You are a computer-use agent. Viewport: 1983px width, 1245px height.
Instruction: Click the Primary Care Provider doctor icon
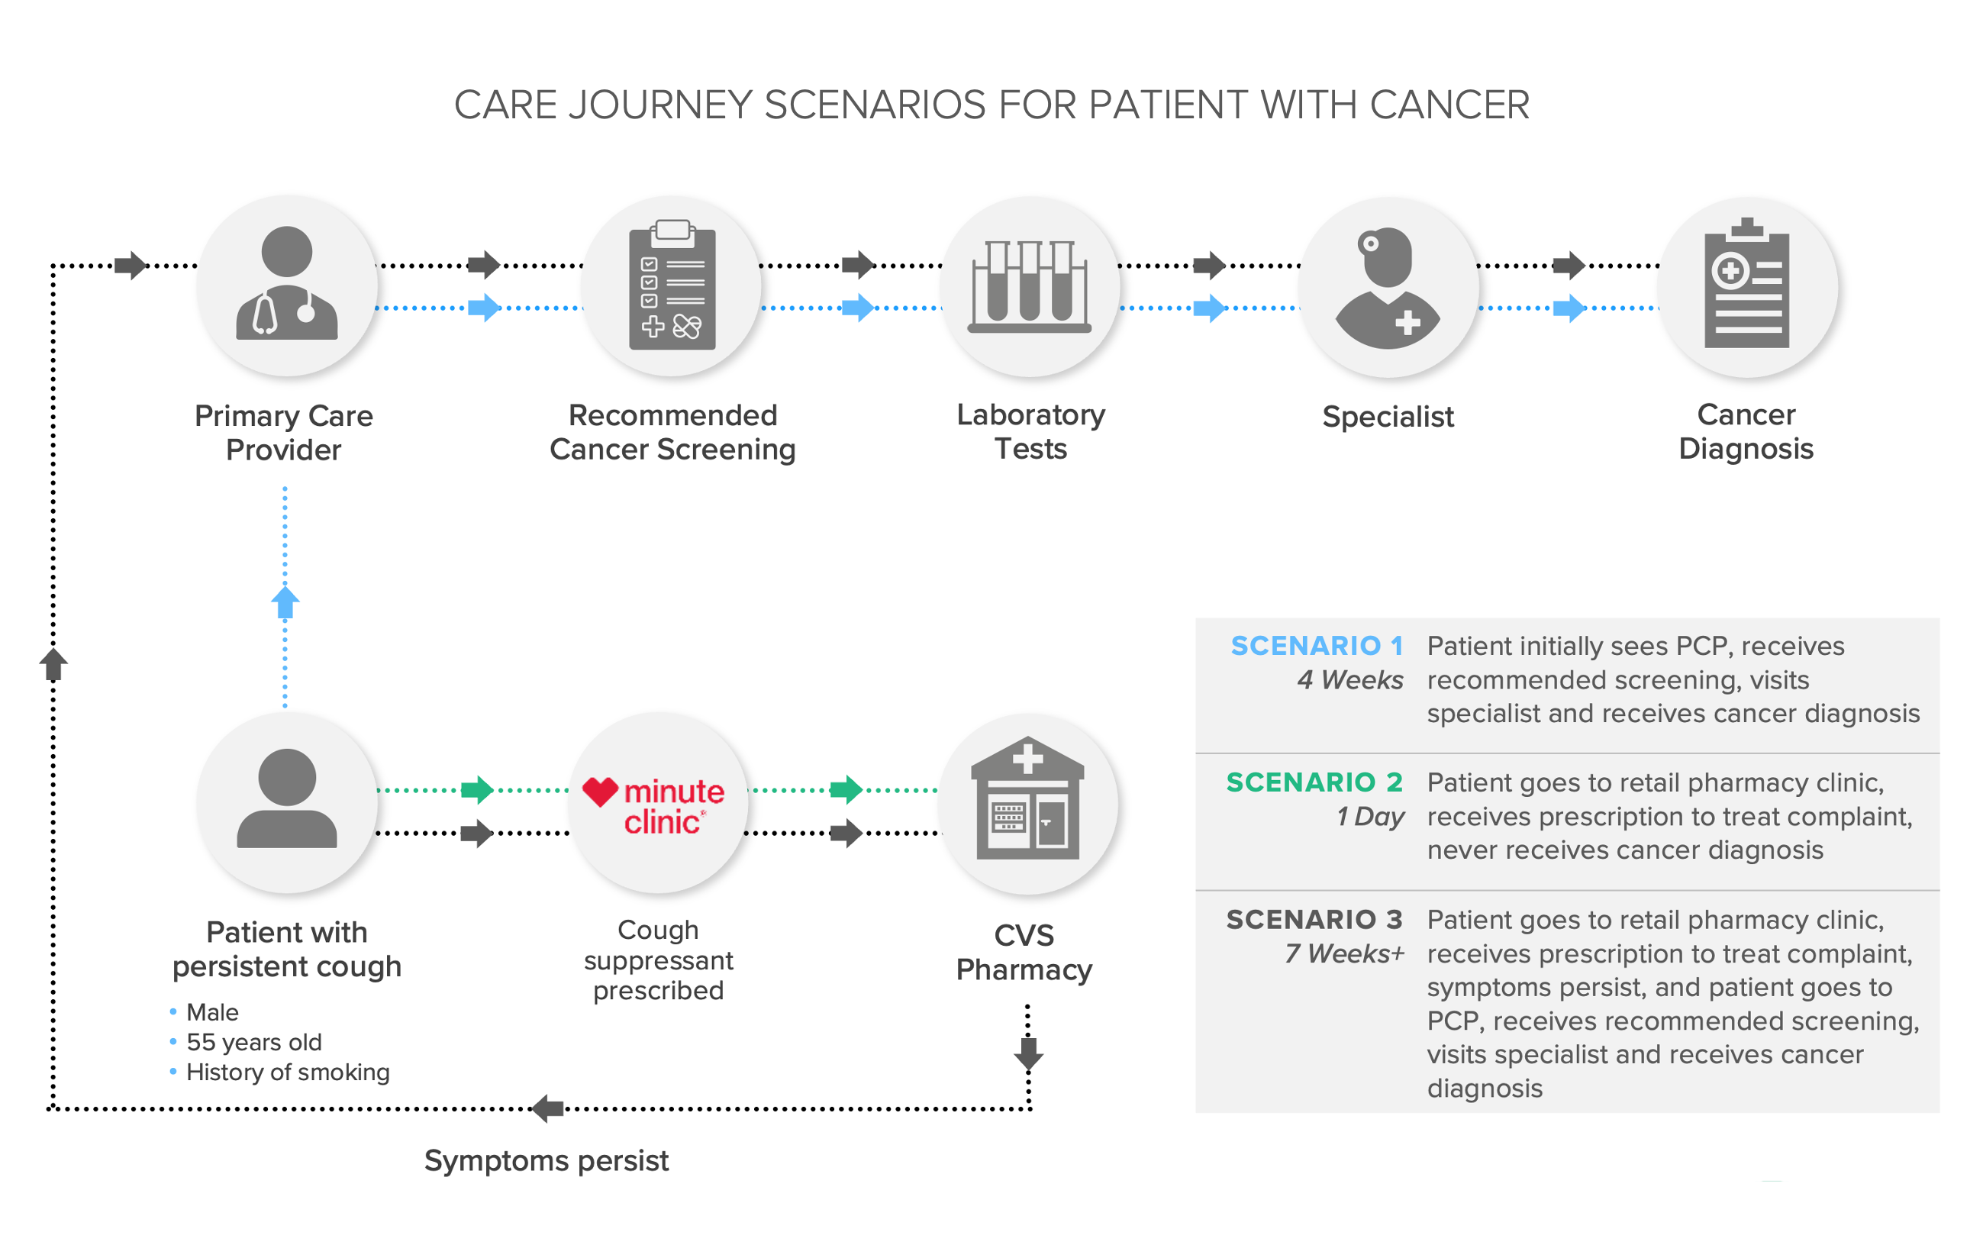point(286,284)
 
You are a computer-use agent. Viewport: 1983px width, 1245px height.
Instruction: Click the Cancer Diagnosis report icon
point(1746,284)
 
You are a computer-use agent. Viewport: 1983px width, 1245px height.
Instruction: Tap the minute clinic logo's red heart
point(600,792)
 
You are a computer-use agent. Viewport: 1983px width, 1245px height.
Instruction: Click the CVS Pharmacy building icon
point(1027,799)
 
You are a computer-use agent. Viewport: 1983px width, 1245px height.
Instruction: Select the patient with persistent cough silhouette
point(286,799)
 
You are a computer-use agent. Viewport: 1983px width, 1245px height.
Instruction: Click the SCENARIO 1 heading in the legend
point(1316,646)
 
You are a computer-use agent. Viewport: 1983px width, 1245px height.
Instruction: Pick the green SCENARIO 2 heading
point(1314,782)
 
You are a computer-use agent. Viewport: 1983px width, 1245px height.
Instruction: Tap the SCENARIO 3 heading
point(1314,919)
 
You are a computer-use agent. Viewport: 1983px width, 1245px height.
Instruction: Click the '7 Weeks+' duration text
point(1344,953)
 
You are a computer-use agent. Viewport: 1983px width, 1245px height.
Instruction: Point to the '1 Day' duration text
point(1370,817)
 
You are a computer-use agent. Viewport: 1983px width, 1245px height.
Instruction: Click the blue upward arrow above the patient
point(285,603)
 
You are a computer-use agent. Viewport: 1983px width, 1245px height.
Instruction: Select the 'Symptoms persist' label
point(546,1160)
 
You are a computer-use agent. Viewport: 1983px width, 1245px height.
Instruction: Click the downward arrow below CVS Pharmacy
point(1028,1053)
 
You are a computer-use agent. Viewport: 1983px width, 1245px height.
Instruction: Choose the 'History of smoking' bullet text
point(287,1072)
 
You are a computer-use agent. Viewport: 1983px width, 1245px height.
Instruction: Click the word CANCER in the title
point(1449,105)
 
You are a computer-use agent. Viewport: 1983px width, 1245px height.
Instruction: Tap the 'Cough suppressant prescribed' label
point(658,960)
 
